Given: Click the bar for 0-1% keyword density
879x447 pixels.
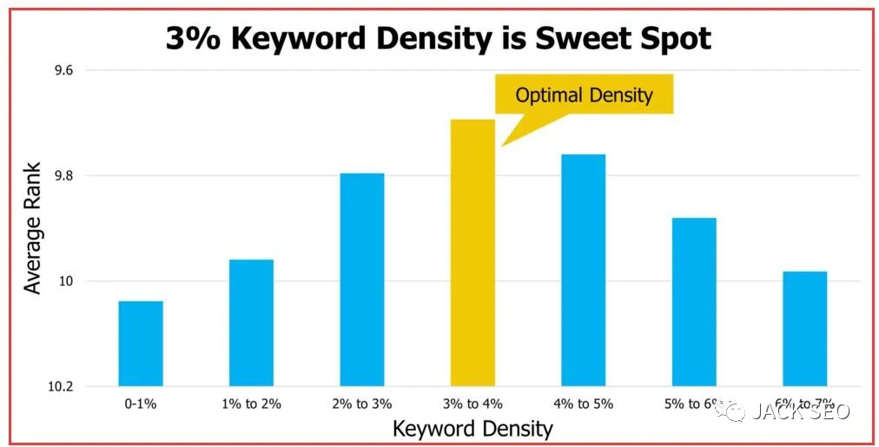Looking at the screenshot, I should pyautogui.click(x=141, y=344).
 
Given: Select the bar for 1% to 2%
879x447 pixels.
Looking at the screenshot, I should pyautogui.click(x=251, y=323).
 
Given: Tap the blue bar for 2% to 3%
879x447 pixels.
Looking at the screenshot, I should pyautogui.click(x=361, y=279).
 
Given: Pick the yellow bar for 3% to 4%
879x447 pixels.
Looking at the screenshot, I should pyautogui.click(x=473, y=253).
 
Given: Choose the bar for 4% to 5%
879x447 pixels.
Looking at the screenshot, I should pyautogui.click(x=583, y=270).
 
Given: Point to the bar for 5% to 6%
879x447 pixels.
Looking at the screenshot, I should pyautogui.click(x=694, y=302).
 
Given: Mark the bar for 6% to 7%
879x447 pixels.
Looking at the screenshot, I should pyautogui.click(x=804, y=329).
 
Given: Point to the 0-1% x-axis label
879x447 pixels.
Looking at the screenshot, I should pyautogui.click(x=141, y=404).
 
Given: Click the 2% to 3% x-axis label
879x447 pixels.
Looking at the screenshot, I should pyautogui.click(x=361, y=404).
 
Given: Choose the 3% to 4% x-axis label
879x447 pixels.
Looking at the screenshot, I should pyautogui.click(x=473, y=404).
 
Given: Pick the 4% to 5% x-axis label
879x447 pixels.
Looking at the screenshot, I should pyautogui.click(x=583, y=404).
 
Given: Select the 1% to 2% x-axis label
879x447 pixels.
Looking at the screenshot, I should pyautogui.click(x=251, y=404).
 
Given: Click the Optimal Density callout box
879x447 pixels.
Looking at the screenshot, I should pyautogui.click(x=584, y=95).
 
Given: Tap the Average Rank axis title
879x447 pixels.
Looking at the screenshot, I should pyautogui.click(x=33, y=228).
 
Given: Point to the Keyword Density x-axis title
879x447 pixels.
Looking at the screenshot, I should pyautogui.click(x=473, y=428).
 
